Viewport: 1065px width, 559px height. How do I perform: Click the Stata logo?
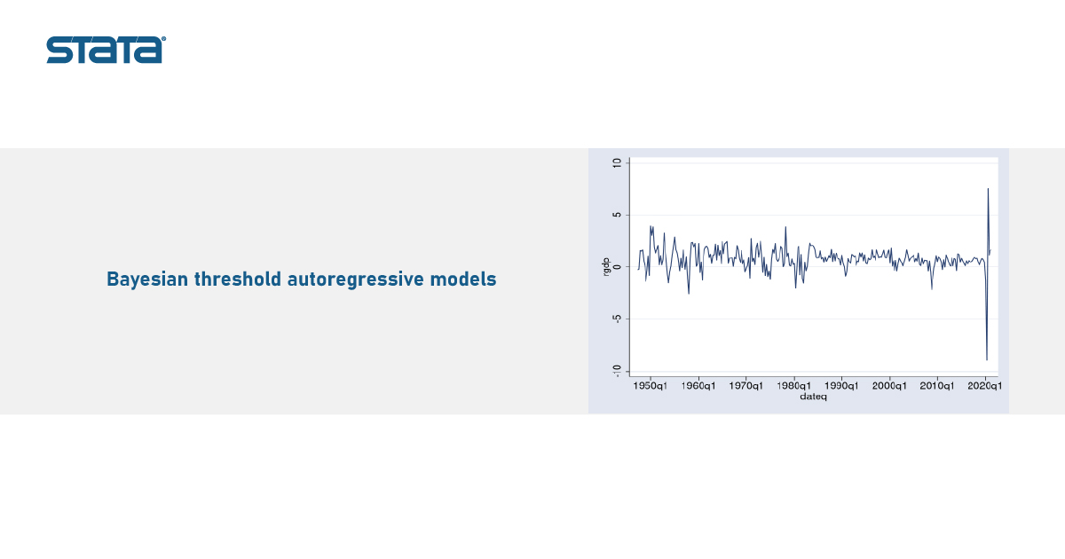coord(106,50)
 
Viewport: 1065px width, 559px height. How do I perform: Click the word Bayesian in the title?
coord(147,279)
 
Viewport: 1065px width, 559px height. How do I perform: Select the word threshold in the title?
coord(238,279)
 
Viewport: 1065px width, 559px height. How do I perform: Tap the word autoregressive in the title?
coord(356,279)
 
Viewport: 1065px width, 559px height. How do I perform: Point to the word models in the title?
coord(463,279)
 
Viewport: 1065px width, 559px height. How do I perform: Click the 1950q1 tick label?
coord(650,386)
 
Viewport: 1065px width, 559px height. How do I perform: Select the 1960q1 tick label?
coord(698,386)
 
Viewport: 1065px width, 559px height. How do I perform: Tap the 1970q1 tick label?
coord(745,386)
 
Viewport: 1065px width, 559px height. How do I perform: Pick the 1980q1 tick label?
coord(793,386)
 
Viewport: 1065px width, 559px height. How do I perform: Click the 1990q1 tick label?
coord(841,386)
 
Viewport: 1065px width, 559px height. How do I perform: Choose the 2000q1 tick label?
coord(889,386)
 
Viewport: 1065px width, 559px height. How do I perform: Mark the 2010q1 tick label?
coord(936,386)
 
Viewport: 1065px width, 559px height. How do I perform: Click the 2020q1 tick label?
coord(984,386)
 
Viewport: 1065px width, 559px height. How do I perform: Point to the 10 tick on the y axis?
coord(617,163)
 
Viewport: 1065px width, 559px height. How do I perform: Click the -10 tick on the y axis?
coord(617,371)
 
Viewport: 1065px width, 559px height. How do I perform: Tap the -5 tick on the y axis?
coord(617,319)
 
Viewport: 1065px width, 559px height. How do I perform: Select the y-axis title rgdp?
coord(605,267)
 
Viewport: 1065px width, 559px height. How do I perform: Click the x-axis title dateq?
coord(813,397)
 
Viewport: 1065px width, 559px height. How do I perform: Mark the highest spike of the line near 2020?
coord(988,189)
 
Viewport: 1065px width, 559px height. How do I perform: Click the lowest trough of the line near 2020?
coord(987,359)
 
